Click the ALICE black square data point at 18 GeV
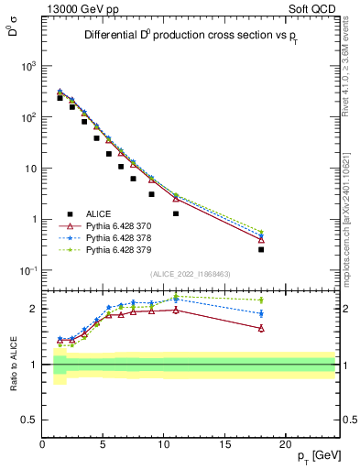(261, 249)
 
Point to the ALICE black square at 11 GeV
(176, 213)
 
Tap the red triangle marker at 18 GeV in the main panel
(261, 240)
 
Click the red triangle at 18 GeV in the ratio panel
(261, 328)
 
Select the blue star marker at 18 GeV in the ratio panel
(261, 313)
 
